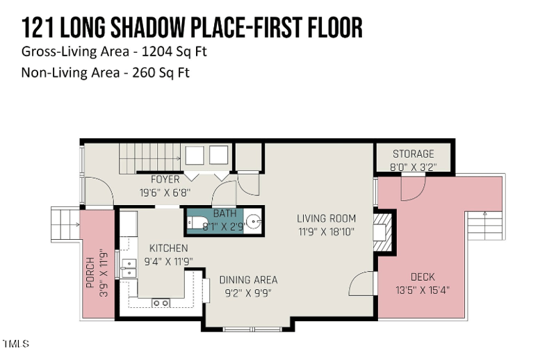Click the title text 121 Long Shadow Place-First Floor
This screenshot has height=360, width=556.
pos(192,28)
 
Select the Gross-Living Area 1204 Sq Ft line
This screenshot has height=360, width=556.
pos(114,52)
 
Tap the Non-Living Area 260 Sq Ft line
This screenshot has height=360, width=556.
pos(105,72)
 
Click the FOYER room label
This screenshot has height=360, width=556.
pos(165,180)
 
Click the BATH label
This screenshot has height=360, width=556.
pos(224,213)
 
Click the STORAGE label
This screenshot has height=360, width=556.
pos(413,154)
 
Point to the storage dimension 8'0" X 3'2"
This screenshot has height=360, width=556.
pos(413,167)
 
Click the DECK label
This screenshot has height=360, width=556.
pos(423,277)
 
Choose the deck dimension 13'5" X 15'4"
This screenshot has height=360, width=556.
pos(422,290)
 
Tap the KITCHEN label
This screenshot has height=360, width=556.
pos(167,248)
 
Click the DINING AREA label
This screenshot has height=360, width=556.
pos(248,280)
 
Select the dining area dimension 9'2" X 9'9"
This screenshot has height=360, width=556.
pos(248,293)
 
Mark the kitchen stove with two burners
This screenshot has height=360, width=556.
pos(161,302)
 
